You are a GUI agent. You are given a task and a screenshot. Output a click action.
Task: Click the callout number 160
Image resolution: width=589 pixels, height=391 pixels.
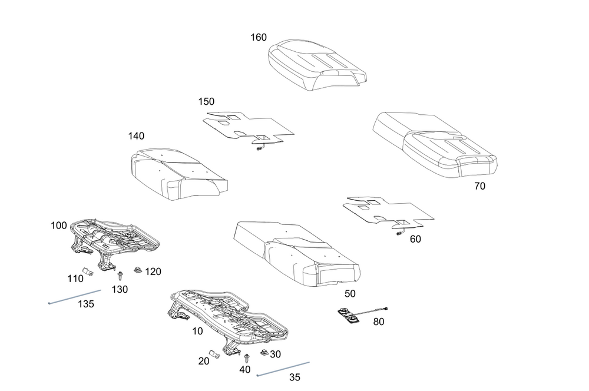click(x=259, y=38)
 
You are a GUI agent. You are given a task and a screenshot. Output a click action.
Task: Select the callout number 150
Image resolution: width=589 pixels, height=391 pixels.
click(x=207, y=101)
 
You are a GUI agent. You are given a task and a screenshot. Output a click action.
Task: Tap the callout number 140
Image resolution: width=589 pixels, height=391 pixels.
click(x=136, y=136)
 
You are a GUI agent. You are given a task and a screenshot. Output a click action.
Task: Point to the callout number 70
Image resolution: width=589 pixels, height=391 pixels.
click(x=480, y=187)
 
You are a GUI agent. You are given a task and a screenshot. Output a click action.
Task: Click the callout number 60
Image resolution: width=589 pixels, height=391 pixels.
click(x=416, y=239)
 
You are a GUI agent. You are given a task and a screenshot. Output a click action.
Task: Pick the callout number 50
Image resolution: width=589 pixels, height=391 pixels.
click(x=350, y=293)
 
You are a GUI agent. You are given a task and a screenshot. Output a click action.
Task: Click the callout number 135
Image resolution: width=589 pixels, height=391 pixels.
click(x=85, y=304)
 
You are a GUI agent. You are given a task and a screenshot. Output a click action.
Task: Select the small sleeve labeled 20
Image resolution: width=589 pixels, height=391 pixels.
click(x=214, y=356)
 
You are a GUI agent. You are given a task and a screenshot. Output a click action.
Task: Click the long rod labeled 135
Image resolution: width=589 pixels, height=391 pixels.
click(x=75, y=296)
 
